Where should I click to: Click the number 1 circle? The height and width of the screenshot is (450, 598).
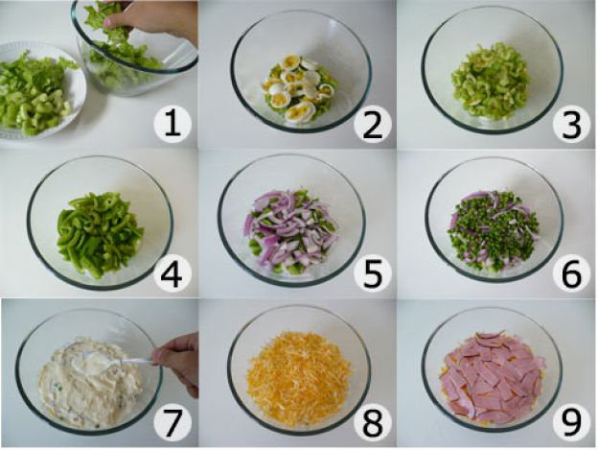(172, 123)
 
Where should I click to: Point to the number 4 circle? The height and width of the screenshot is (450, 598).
(172, 272)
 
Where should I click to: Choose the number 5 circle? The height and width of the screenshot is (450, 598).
(371, 272)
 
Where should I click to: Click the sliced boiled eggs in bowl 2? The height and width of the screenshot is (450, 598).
(298, 90)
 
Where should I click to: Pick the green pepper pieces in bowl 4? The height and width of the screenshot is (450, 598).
(99, 233)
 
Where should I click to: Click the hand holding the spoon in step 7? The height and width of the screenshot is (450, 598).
(178, 363)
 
